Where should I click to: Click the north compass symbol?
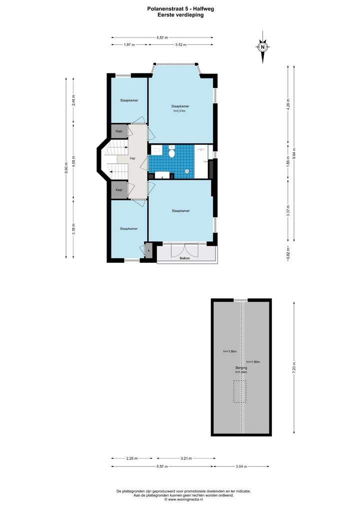[262, 48]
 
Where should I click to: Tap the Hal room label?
[132, 158]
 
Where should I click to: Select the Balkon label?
[185, 258]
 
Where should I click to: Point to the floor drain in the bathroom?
[187, 171]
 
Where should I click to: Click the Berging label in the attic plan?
[242, 368]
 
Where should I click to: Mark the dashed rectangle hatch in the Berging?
[240, 392]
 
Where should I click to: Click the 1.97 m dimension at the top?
[129, 45]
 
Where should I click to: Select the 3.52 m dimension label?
[180, 45]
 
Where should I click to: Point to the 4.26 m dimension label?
[288, 105]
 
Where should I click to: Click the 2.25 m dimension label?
[131, 458]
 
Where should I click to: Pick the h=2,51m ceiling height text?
[179, 111]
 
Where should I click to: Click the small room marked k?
[148, 250]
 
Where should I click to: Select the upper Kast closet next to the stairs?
[119, 131]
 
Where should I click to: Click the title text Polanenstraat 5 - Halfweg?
[180, 8]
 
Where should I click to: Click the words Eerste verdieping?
[180, 15]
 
